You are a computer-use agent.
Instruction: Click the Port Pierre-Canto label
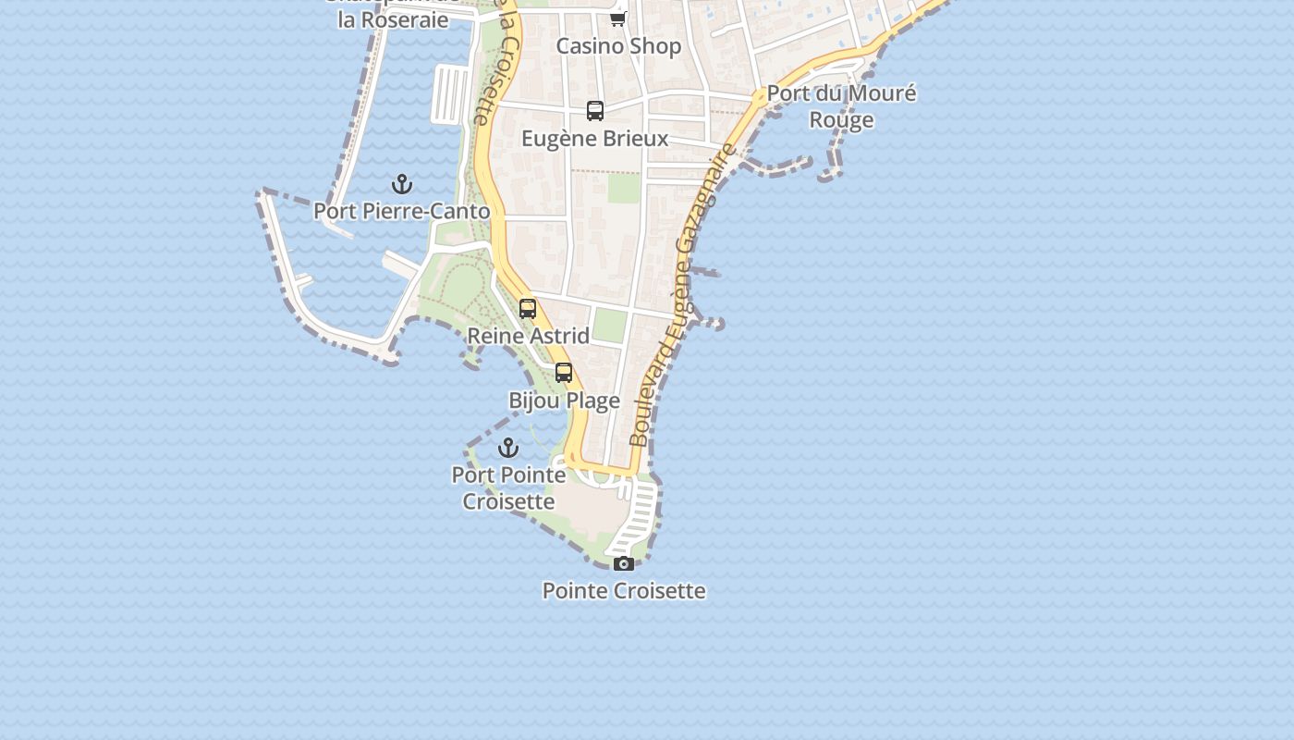(x=401, y=211)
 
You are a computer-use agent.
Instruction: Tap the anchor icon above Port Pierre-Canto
(x=401, y=184)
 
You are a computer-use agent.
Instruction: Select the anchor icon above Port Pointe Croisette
(x=508, y=449)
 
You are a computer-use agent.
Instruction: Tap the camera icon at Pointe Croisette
(x=624, y=563)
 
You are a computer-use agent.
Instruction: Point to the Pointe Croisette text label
(x=624, y=590)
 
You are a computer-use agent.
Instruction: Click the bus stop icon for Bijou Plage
(x=564, y=373)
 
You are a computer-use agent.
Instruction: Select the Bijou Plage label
(x=564, y=401)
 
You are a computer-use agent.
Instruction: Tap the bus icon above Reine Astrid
(x=528, y=309)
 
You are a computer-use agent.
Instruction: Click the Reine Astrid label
(x=528, y=336)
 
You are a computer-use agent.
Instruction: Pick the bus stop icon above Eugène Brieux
(x=595, y=111)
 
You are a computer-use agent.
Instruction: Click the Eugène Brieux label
(x=594, y=139)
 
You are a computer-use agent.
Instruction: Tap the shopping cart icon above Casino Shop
(x=617, y=18)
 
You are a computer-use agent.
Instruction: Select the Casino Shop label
(x=618, y=46)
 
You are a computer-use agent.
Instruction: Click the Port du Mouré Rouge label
(x=841, y=105)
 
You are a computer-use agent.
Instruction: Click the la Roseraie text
(x=393, y=19)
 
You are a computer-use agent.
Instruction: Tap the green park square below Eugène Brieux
(x=624, y=188)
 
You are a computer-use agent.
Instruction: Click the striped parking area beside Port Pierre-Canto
(x=450, y=93)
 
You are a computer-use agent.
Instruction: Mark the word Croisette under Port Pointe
(x=508, y=501)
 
